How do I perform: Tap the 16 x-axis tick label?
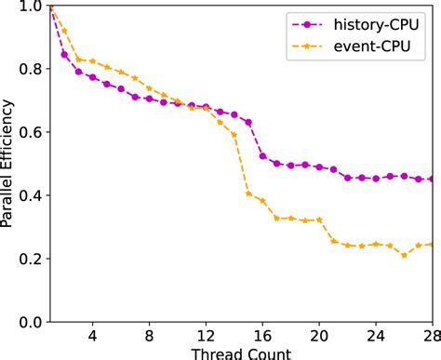click(x=262, y=338)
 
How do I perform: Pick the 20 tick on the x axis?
click(x=319, y=338)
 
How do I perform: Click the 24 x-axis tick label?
click(x=376, y=338)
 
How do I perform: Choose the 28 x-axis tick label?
click(x=429, y=338)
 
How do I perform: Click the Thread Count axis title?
click(x=241, y=353)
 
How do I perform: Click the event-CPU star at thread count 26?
click(x=404, y=254)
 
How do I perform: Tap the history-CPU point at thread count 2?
click(x=64, y=54)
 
